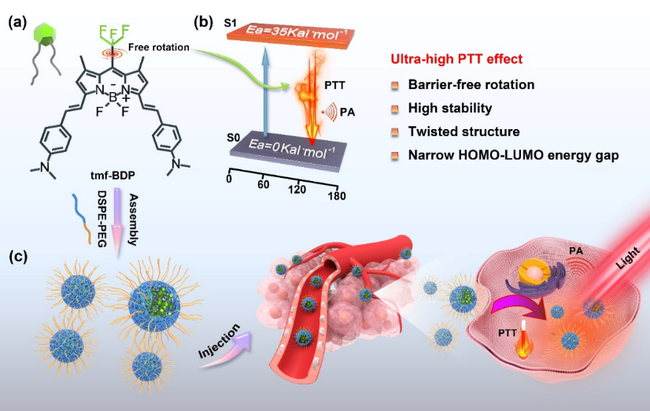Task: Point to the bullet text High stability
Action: click(449, 108)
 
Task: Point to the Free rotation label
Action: click(165, 46)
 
